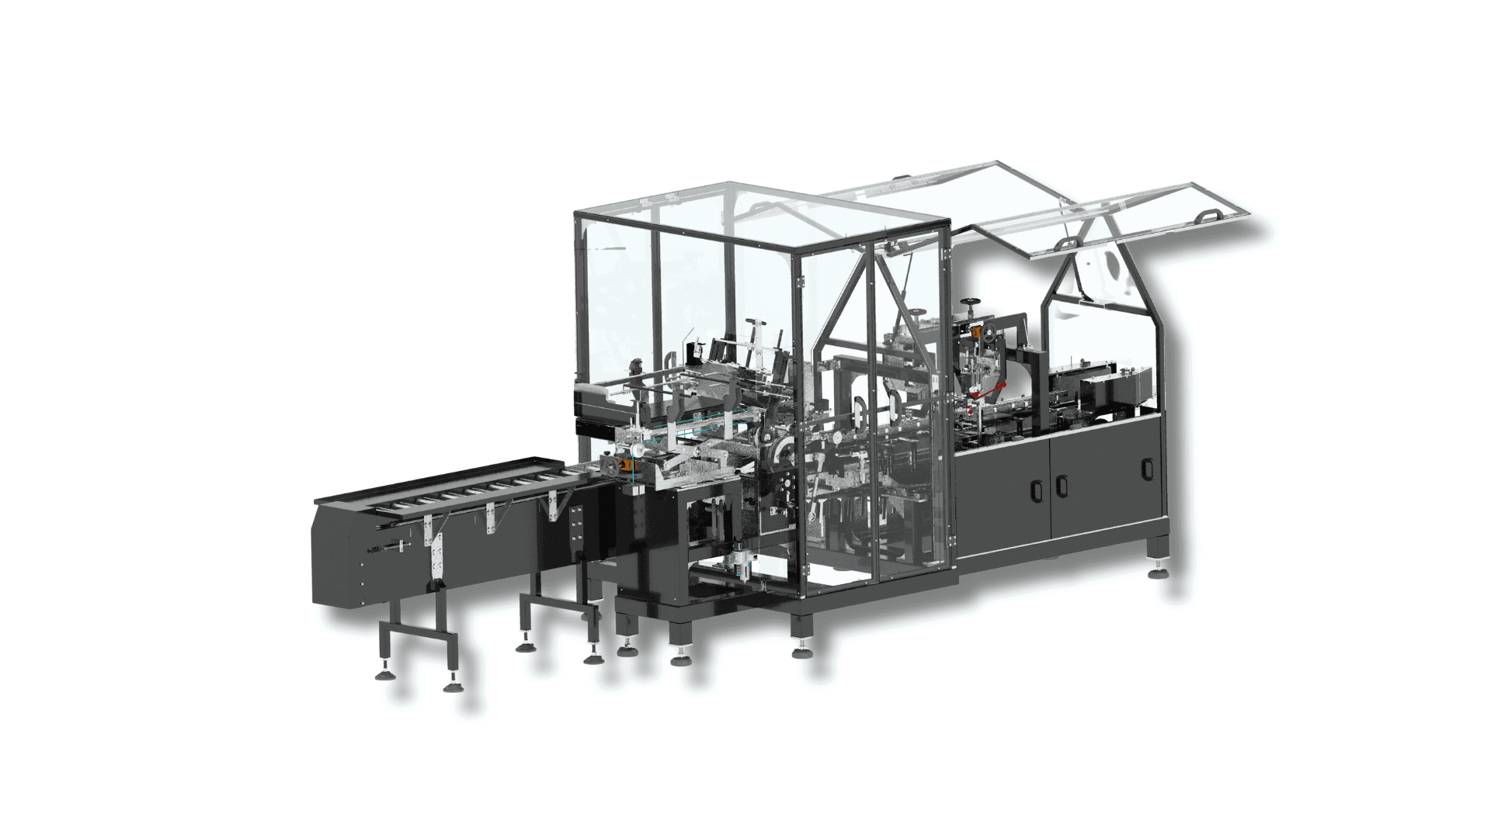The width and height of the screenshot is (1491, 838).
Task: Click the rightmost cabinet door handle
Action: coord(1147,469)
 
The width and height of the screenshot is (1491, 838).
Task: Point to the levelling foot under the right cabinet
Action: coord(1161,573)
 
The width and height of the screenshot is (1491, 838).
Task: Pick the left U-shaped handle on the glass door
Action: coord(859,411)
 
